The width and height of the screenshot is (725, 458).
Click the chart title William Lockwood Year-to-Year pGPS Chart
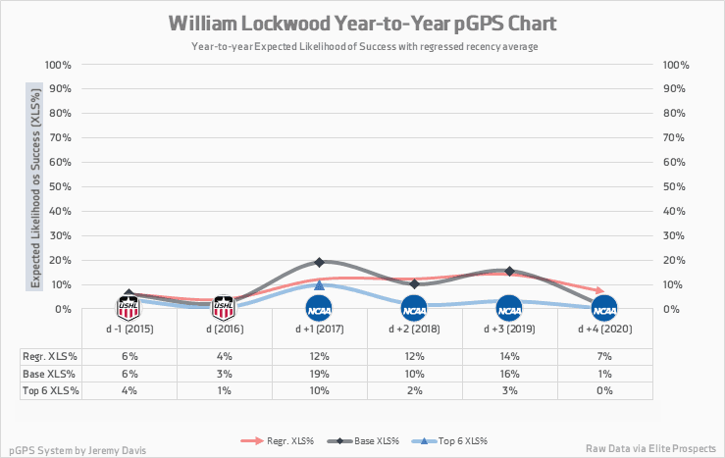point(361,23)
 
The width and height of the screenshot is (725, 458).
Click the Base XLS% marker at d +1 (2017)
point(319,263)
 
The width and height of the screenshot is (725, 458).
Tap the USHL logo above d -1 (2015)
point(129,308)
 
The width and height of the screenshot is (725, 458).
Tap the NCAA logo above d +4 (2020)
point(604,309)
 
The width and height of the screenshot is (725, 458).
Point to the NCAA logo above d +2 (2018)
point(414,309)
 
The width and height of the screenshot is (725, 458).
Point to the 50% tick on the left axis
point(57,186)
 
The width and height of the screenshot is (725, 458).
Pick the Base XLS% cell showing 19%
point(319,374)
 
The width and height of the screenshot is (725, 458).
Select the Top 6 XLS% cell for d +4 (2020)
point(604,390)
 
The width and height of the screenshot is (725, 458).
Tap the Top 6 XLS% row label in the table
point(49,390)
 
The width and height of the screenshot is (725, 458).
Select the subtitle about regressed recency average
point(361,46)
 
